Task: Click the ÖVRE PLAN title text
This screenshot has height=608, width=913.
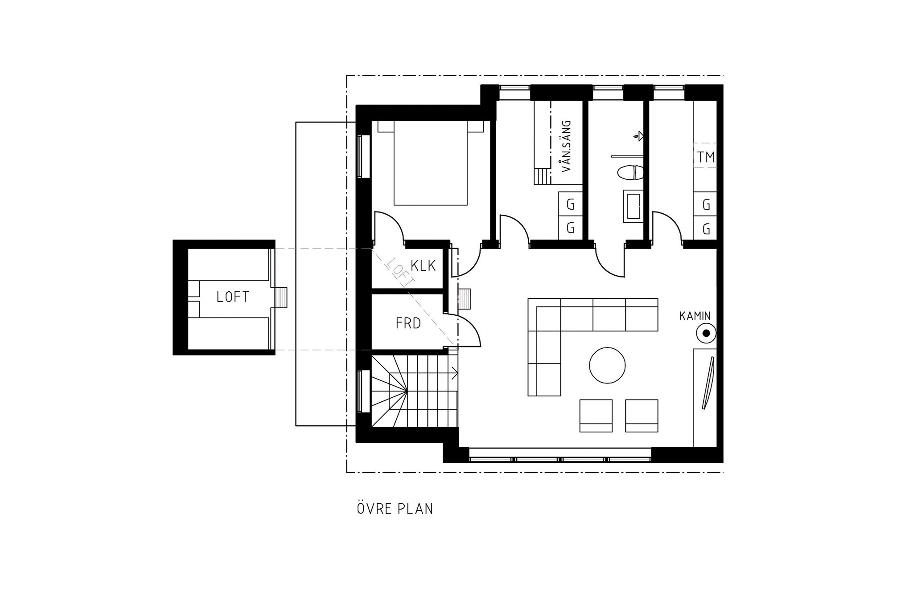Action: (x=395, y=508)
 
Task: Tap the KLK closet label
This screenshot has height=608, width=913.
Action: (x=423, y=266)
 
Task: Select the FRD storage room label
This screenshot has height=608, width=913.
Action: (x=408, y=323)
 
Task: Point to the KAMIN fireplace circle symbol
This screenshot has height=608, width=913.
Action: (x=706, y=333)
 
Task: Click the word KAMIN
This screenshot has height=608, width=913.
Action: (x=695, y=316)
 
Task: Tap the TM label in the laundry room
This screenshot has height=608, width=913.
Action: (x=706, y=157)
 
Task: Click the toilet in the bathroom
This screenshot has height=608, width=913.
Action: (x=630, y=172)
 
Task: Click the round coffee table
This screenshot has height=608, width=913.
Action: (x=607, y=365)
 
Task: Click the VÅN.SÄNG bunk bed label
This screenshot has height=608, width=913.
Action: (x=567, y=146)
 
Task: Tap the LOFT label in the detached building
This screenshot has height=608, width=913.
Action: (x=233, y=297)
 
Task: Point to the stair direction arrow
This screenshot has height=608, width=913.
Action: (x=455, y=373)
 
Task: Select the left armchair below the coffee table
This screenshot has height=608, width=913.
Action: (x=596, y=416)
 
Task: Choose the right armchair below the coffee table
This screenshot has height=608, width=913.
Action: (x=642, y=416)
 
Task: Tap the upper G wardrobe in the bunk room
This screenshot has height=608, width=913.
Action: (x=571, y=204)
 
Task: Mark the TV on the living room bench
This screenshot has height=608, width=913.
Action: (x=708, y=383)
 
